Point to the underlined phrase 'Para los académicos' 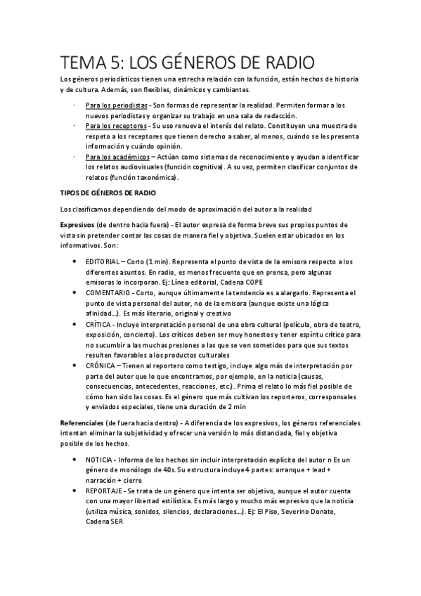point(117,157)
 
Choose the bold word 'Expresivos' point(81,223)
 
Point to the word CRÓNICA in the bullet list point(102,366)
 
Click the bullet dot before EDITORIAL point(75,261)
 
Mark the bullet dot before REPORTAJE point(75,491)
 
